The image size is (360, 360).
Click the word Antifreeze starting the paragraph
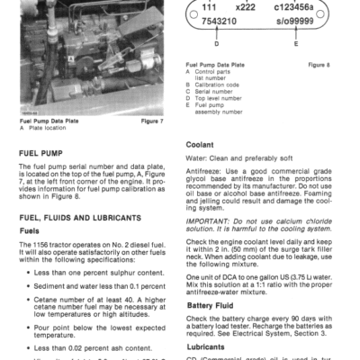click(x=206, y=171)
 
